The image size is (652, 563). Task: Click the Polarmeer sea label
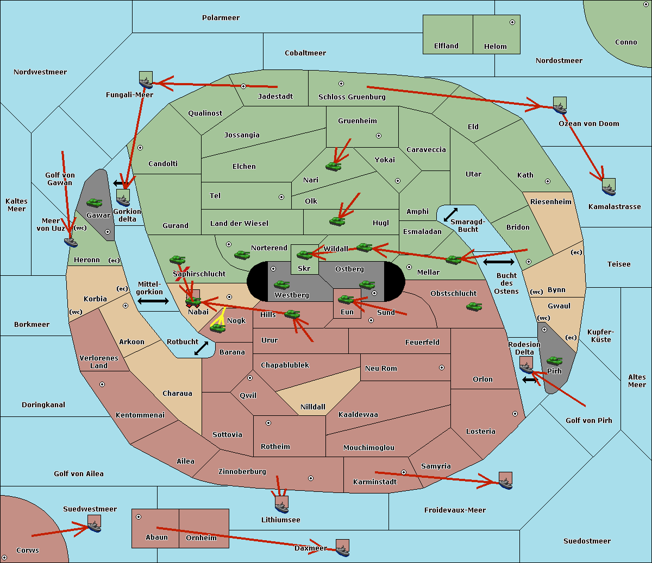coord(221,18)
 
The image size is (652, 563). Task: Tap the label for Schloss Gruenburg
coord(352,97)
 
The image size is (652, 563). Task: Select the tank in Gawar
coord(95,203)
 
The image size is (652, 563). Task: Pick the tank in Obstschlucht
coord(474,306)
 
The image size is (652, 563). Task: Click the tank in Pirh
coord(554,360)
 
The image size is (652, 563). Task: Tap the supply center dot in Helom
coord(512,22)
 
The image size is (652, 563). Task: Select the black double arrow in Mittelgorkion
coord(153,301)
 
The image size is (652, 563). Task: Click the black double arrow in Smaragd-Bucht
coord(450,214)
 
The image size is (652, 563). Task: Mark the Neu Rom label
coord(381,368)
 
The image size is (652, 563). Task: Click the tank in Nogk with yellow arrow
coord(218,328)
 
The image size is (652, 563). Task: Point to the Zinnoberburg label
coord(242,472)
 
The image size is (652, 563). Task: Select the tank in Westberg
coord(281,285)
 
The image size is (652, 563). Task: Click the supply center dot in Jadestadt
coord(243,86)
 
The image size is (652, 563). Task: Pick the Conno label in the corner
coord(626,42)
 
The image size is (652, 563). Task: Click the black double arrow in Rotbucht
coord(201,348)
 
